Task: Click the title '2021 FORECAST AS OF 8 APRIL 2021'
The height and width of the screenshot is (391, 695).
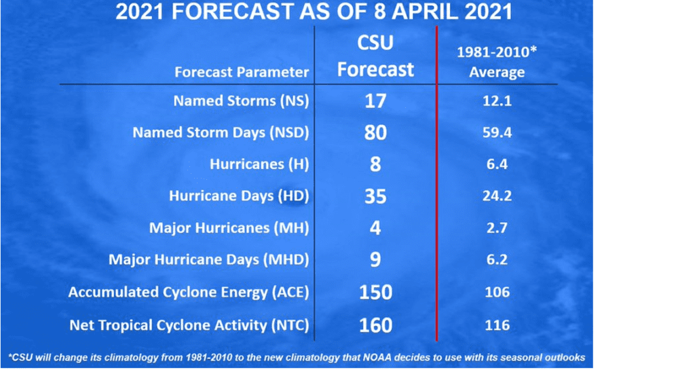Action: (314, 12)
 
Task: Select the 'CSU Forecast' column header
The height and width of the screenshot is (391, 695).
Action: (375, 56)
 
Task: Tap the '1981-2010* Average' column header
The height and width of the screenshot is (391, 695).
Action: (497, 62)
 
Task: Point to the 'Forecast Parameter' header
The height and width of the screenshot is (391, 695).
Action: (242, 72)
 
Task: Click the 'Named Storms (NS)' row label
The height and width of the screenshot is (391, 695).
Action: (241, 100)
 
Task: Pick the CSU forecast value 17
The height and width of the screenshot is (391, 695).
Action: (375, 101)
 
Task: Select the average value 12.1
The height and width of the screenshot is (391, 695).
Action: (497, 101)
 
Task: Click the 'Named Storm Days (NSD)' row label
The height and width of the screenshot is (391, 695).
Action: (221, 132)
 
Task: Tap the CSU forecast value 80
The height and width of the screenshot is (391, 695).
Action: (375, 132)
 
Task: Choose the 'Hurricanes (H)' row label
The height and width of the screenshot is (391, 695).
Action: (259, 164)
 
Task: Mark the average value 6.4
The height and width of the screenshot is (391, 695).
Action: (497, 164)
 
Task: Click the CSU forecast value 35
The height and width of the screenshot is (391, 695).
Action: (375, 196)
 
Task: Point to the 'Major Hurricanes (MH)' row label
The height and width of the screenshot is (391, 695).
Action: (229, 228)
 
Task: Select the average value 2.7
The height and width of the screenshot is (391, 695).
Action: (497, 228)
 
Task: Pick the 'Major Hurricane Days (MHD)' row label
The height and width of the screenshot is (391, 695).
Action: (209, 259)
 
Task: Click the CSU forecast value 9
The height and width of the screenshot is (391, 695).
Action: (375, 260)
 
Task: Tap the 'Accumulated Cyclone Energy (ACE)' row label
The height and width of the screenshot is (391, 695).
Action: (189, 292)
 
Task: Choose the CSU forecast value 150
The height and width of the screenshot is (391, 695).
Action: (375, 293)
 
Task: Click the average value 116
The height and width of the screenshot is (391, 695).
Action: (497, 325)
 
